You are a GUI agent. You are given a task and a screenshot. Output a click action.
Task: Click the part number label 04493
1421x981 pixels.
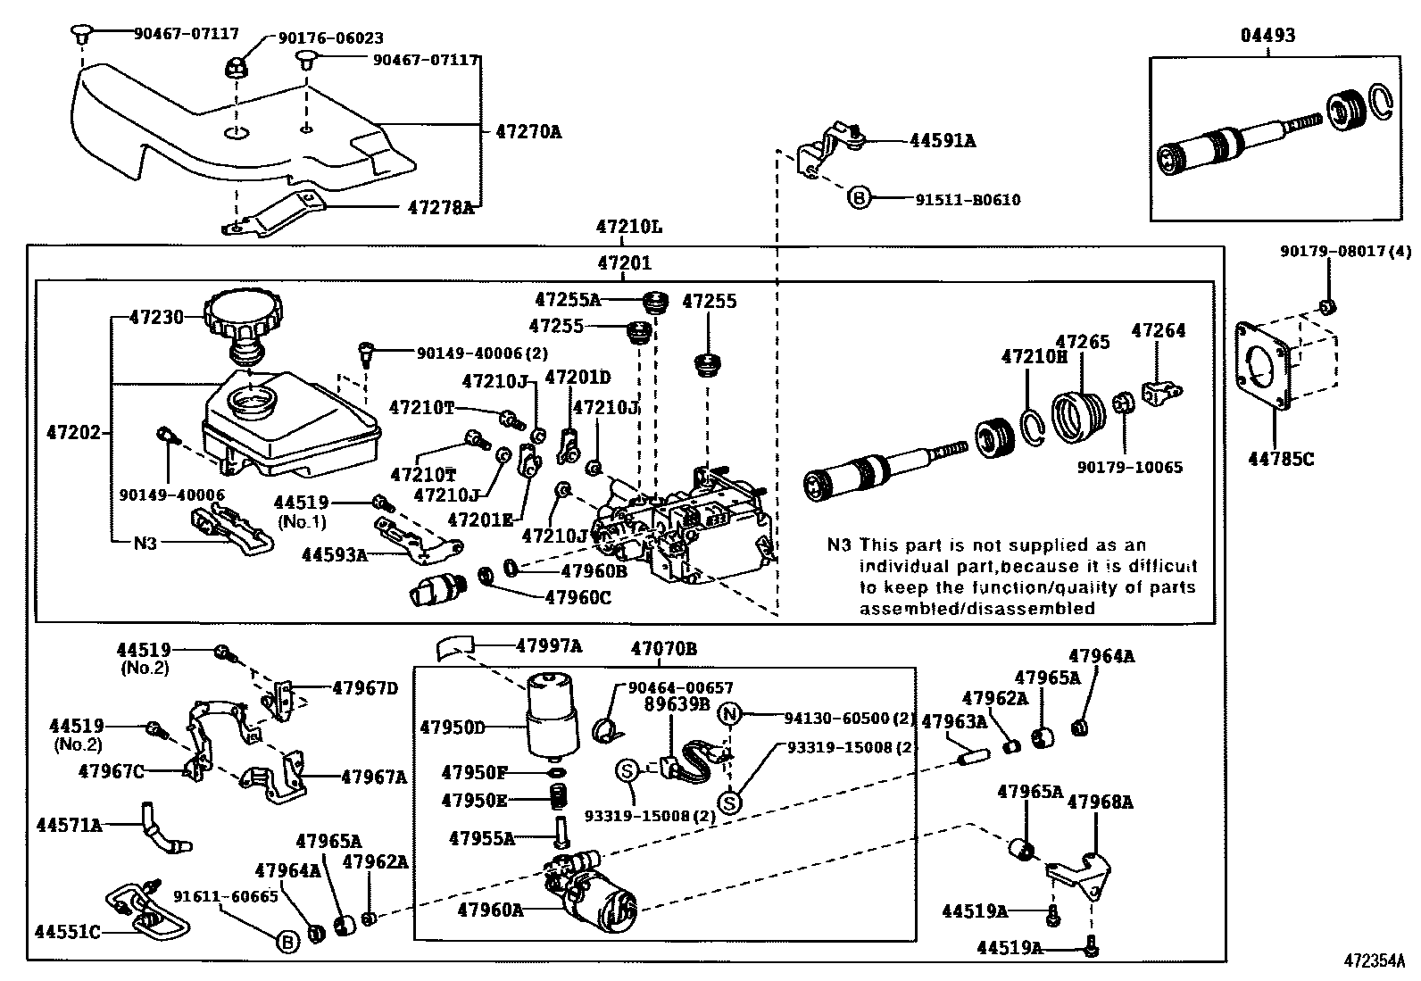1267,36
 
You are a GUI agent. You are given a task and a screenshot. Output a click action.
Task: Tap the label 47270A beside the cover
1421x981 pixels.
528,132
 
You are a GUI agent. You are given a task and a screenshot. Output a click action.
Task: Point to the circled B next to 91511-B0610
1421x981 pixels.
858,199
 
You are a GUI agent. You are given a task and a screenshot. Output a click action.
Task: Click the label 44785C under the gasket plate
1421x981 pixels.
1281,460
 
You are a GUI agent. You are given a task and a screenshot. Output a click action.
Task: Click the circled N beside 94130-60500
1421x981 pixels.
730,713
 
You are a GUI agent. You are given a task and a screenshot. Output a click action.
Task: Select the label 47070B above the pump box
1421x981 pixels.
663,649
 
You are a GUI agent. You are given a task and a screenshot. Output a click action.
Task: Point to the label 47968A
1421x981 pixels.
1100,802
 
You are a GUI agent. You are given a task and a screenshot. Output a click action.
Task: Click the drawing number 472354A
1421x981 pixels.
1375,961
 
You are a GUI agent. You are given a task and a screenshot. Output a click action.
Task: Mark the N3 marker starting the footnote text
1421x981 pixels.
839,545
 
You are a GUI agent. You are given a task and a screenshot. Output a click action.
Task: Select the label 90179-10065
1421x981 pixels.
1129,467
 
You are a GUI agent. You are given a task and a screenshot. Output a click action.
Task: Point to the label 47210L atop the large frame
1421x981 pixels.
629,227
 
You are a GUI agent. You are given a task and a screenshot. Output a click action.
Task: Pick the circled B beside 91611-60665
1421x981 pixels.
287,941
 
